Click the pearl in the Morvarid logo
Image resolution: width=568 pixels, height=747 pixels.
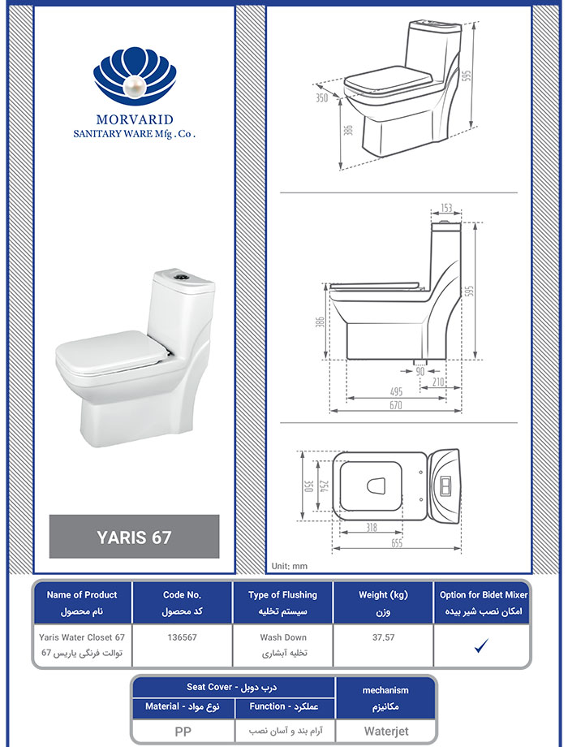click(134, 87)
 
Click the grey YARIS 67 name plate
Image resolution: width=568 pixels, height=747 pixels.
click(134, 537)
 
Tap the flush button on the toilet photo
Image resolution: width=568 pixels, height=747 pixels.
click(182, 275)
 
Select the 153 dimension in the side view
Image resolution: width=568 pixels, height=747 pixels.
click(445, 208)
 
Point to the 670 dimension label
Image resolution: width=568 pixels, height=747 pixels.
click(396, 405)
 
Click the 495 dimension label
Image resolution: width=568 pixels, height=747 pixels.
click(396, 391)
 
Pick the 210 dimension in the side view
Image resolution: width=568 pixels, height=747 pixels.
click(438, 382)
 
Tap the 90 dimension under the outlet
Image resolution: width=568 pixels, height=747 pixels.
click(420, 371)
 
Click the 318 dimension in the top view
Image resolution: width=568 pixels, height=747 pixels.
click(372, 528)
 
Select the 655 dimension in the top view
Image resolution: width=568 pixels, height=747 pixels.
click(396, 543)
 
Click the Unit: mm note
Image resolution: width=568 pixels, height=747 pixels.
click(290, 566)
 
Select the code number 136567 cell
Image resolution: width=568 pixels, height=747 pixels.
click(182, 637)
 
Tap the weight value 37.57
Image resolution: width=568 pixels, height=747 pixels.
click(383, 637)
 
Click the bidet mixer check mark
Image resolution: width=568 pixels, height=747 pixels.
click(481, 646)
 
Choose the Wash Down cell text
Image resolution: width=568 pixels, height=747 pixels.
click(283, 637)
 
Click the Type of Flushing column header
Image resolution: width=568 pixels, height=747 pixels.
click(283, 594)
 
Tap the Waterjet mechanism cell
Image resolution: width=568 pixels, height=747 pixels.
click(386, 731)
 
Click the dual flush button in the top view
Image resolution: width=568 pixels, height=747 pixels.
click(446, 486)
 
